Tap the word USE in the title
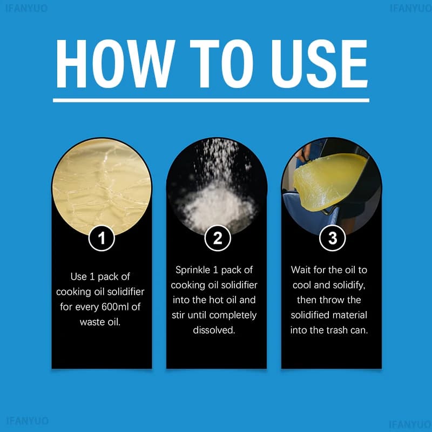319,64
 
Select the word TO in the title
221,64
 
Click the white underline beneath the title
211,100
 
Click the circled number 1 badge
102,238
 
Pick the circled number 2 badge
218,238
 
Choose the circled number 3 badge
333,238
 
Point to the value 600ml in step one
115,307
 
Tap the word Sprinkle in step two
193,270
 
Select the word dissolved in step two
214,330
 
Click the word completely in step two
233,315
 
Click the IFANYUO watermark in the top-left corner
26,8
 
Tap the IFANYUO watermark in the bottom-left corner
27,421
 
